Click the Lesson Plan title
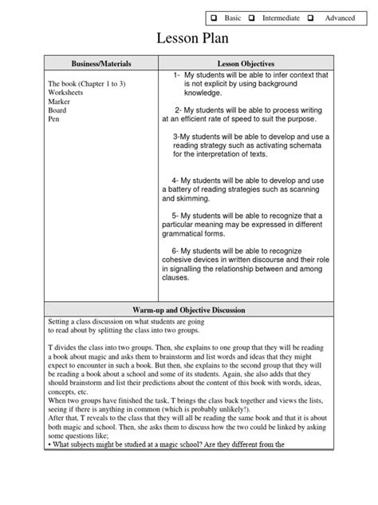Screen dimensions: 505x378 click(x=189, y=41)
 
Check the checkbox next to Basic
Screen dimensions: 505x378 click(x=214, y=17)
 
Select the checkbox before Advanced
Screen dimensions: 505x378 click(x=310, y=17)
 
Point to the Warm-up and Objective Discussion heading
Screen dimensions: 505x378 click(x=188, y=308)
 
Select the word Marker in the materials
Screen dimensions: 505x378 click(x=59, y=101)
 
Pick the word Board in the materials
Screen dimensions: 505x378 click(x=57, y=110)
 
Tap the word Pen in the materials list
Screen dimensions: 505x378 click(x=54, y=119)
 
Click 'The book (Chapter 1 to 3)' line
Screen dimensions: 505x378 click(x=85, y=83)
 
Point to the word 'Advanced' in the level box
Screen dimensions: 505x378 click(x=341, y=17)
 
